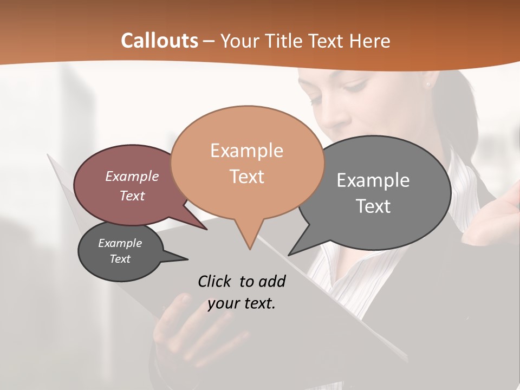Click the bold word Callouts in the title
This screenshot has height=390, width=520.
pyautogui.click(x=159, y=41)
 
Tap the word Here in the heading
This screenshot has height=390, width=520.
pyautogui.click(x=369, y=41)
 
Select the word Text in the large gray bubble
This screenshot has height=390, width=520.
pyautogui.click(x=373, y=206)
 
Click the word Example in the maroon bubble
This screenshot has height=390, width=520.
pyautogui.click(x=132, y=176)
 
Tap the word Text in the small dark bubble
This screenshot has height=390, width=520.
pyautogui.click(x=120, y=259)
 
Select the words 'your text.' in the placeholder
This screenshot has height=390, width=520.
pyautogui.click(x=242, y=303)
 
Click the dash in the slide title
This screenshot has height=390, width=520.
pyautogui.click(x=209, y=41)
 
